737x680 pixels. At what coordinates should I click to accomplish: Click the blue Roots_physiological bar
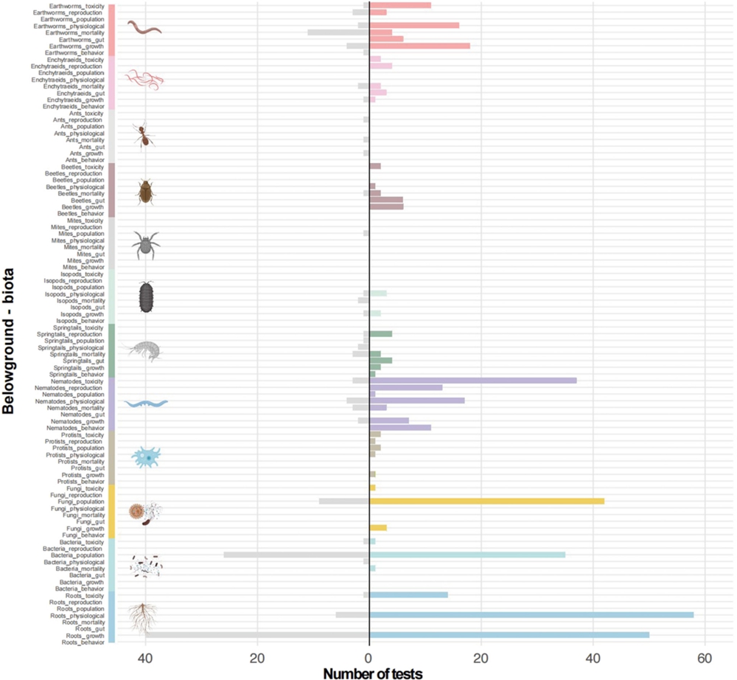pyautogui.click(x=531, y=614)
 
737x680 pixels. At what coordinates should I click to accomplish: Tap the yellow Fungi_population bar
pyautogui.click(x=486, y=501)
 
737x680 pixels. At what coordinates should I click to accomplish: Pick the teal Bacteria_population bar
pyautogui.click(x=467, y=554)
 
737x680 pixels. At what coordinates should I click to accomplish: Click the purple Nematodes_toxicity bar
pyautogui.click(x=472, y=381)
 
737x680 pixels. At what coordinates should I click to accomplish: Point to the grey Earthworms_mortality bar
pyautogui.click(x=338, y=32)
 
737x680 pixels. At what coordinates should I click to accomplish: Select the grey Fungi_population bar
pyautogui.click(x=344, y=501)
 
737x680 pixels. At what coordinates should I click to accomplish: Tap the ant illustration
pyautogui.click(x=144, y=135)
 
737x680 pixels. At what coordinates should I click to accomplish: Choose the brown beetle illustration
pyautogui.click(x=145, y=192)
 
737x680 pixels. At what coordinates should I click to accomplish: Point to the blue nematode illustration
pyautogui.click(x=146, y=403)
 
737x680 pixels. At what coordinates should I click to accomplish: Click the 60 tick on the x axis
pyautogui.click(x=705, y=659)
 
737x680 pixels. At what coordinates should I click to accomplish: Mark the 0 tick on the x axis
pyautogui.click(x=369, y=659)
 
